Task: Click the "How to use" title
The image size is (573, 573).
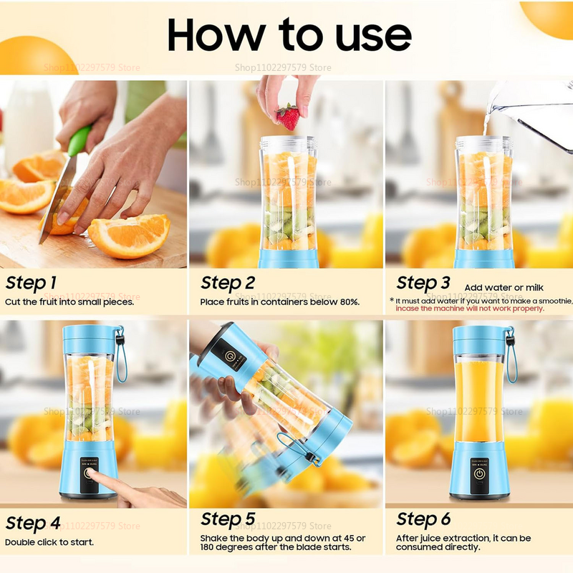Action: [x=289, y=34]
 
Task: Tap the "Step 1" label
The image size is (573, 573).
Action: [x=32, y=282]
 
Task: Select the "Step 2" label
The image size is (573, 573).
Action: [x=228, y=282]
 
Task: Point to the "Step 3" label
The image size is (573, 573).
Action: [x=423, y=282]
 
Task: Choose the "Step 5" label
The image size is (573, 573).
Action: [x=228, y=519]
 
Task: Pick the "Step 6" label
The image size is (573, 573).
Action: [x=423, y=519]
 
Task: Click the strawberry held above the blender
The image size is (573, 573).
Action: [x=288, y=116]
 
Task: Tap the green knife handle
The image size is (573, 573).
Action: [x=80, y=140]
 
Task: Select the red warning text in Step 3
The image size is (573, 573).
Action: [x=470, y=309]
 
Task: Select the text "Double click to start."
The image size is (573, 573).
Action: [x=50, y=541]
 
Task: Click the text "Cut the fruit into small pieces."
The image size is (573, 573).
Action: [x=69, y=302]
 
